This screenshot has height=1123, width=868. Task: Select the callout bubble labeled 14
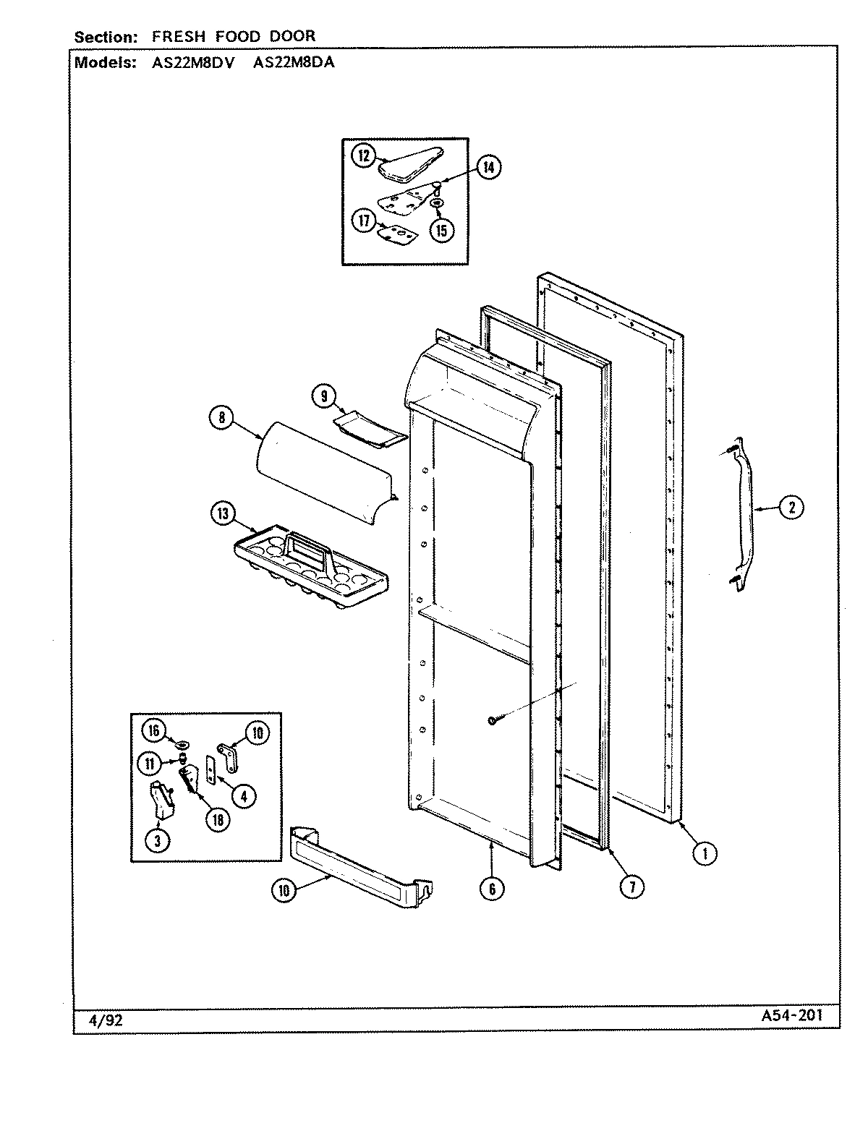[488, 167]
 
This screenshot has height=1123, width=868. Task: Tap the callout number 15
[441, 230]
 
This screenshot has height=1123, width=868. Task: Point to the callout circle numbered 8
[221, 417]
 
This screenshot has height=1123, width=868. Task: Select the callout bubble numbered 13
[223, 514]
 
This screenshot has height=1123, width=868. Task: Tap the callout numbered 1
[705, 853]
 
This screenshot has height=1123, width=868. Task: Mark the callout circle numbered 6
[491, 889]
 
